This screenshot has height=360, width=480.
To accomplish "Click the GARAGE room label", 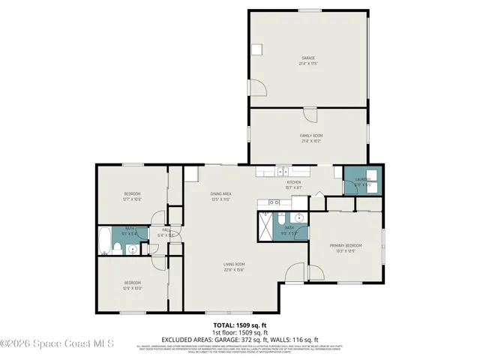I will [307, 58].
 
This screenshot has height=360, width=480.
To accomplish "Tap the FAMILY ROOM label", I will [310, 135].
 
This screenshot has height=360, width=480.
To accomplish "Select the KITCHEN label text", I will [293, 183].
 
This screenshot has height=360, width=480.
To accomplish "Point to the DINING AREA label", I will [220, 194].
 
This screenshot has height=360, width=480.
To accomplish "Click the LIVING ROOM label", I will [234, 264].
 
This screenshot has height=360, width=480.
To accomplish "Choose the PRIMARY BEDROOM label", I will [346, 245].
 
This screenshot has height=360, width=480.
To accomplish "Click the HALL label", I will [166, 230].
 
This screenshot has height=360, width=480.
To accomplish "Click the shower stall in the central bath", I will [266, 225].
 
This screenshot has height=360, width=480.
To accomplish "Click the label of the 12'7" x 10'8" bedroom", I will [132, 194].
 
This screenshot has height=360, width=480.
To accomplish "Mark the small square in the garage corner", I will [257, 49].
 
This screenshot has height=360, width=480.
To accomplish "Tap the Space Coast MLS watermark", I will [57, 344].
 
